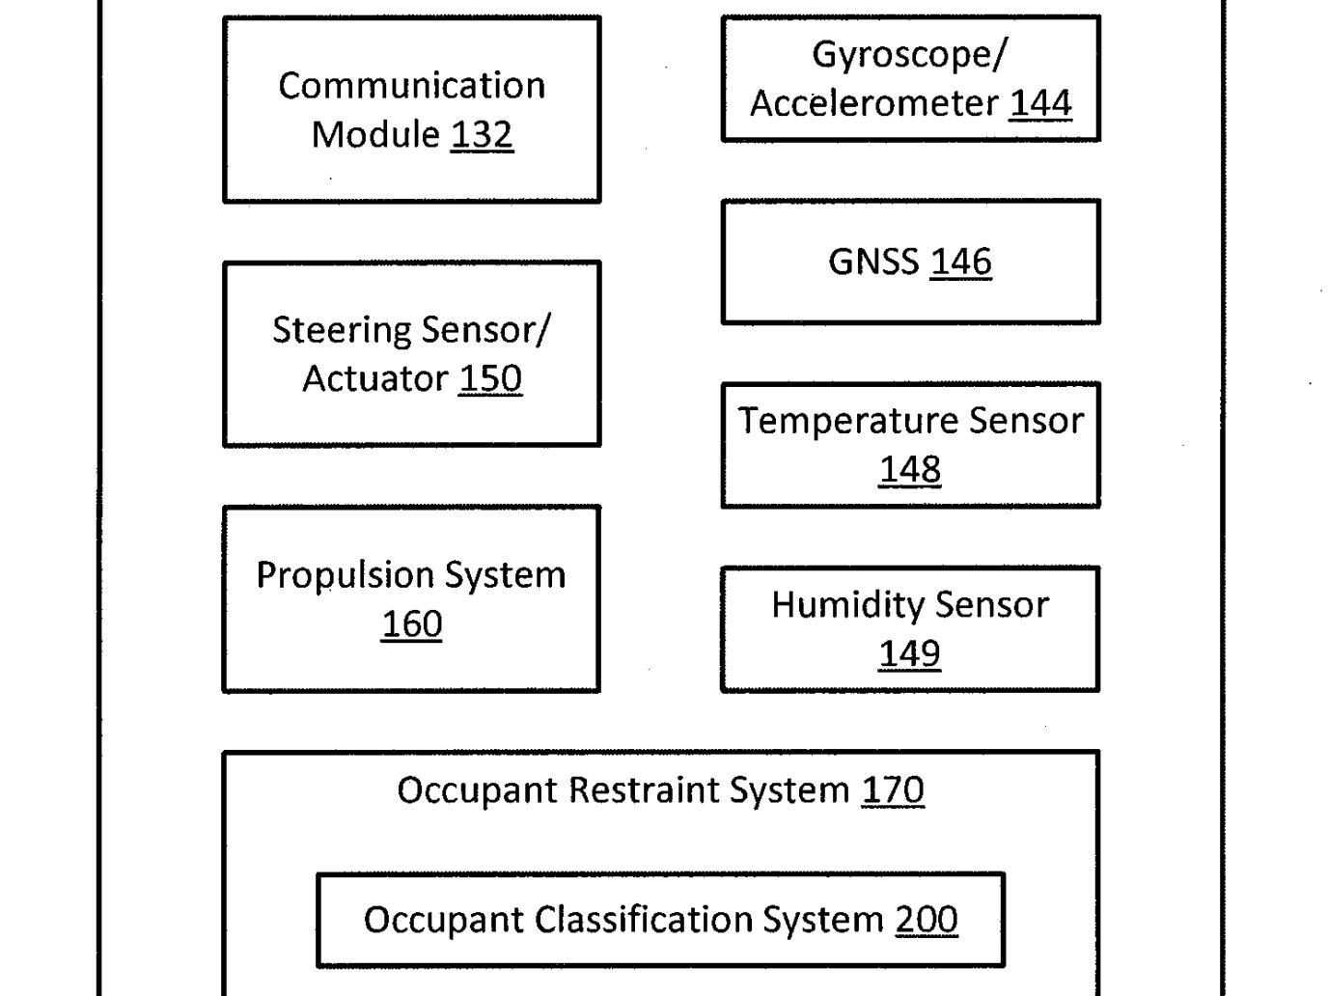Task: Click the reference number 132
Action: (482, 134)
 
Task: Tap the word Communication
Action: (411, 85)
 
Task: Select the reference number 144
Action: (1040, 103)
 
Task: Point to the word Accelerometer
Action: (874, 103)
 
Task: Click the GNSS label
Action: (873, 262)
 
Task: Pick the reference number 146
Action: (961, 262)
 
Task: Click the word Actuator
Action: (375, 378)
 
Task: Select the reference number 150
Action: (490, 378)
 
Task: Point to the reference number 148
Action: (910, 469)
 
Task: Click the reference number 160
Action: (412, 623)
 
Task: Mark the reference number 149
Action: (909, 653)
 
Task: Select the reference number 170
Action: (893, 790)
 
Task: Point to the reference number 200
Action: (927, 919)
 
